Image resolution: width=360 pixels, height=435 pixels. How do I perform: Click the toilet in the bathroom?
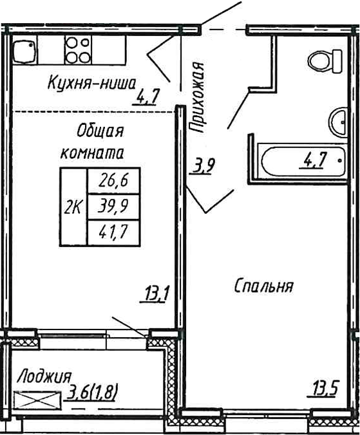325,61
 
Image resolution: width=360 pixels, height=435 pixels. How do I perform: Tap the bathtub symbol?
303,162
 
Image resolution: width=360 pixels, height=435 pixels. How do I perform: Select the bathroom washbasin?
337,122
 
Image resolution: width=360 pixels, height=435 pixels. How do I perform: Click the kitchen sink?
24,51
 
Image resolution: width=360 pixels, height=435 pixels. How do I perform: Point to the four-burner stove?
78,50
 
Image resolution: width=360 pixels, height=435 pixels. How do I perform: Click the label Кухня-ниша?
91,83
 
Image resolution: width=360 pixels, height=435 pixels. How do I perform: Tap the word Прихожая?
197,97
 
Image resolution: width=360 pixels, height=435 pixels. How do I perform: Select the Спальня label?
263,286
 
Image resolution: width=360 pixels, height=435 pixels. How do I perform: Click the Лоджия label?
44,376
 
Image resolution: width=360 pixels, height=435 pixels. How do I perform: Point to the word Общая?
100,131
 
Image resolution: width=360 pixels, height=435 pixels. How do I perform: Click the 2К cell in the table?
73,207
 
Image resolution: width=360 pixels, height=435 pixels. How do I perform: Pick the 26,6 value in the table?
113,181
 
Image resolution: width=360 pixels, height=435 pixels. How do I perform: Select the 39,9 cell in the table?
113,207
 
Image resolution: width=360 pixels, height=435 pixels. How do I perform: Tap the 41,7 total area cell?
113,232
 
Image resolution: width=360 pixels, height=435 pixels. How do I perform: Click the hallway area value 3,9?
202,167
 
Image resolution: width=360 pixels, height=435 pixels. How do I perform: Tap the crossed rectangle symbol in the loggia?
37,400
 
